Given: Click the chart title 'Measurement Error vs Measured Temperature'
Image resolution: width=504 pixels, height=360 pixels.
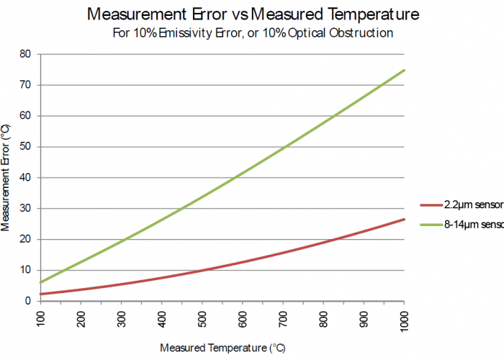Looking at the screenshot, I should (x=252, y=14).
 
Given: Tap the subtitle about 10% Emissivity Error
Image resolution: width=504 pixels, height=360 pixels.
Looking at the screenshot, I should (x=252, y=32).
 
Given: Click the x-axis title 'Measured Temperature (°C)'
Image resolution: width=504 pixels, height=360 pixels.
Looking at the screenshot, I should (x=222, y=348).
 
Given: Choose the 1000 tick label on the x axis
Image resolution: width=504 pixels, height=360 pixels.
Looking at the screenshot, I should (x=404, y=320).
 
